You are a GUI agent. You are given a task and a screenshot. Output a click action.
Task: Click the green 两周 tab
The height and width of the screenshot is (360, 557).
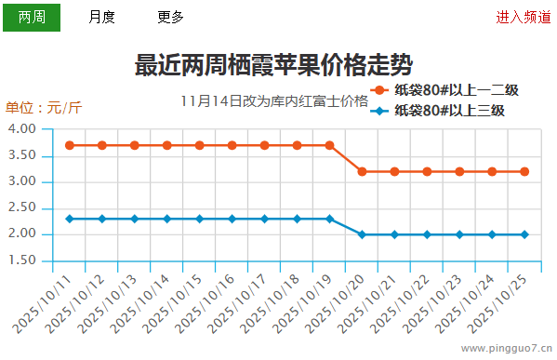coord(32,17)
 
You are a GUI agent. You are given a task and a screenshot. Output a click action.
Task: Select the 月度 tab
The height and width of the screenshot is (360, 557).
coord(101,17)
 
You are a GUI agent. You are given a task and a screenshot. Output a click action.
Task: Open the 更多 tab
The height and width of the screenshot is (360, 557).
coord(171,17)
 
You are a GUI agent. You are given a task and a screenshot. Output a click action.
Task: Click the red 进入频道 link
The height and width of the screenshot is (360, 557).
coord(523,17)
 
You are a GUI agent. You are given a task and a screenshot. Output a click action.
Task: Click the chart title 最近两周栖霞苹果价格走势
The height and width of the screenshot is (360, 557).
coord(274,65)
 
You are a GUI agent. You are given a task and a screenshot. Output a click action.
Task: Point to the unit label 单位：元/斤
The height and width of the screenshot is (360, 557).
coord(44,107)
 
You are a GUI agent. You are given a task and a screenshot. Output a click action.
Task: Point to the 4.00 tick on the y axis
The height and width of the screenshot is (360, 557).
coord(23,128)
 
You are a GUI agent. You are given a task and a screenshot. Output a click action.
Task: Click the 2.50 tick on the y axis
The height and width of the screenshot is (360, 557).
coord(23,207)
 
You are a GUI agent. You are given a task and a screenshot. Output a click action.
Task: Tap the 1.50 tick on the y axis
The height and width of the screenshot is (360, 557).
coord(23,260)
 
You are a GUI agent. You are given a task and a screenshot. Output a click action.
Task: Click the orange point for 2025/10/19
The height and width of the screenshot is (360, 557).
coord(329,145)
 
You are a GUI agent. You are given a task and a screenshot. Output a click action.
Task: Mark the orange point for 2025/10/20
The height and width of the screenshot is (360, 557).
coord(362,171)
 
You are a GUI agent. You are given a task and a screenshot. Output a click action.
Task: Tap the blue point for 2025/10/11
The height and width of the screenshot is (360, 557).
coord(70,219)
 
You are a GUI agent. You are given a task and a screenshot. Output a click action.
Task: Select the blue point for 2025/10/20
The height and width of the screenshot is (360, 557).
coord(362,234)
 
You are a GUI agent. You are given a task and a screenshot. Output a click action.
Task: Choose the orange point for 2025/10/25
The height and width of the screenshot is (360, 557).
coord(524,171)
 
